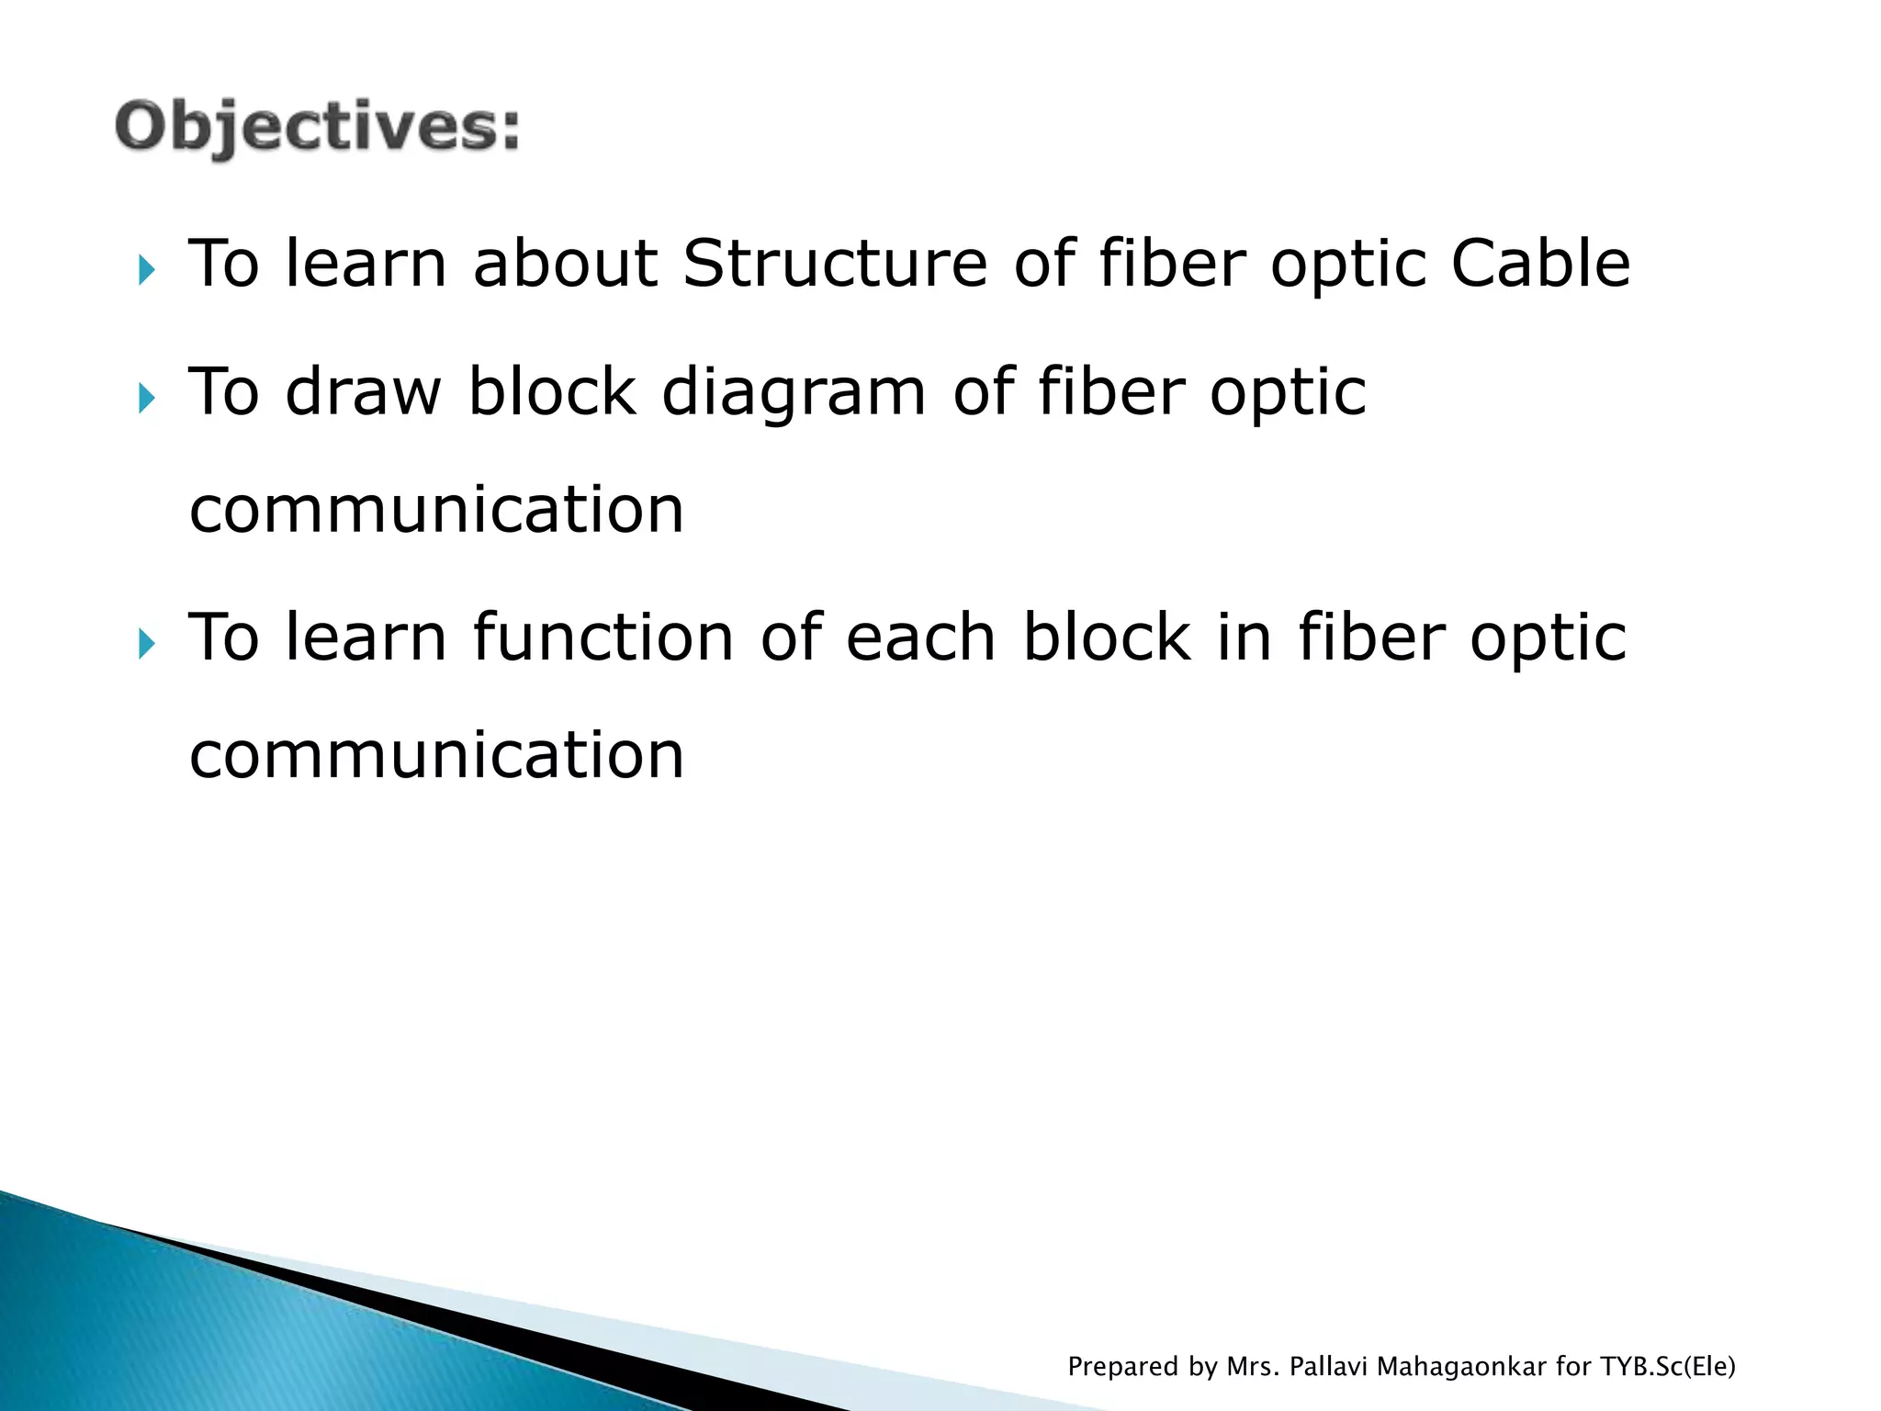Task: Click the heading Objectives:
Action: pyautogui.click(x=318, y=127)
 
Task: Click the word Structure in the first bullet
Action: pyautogui.click(x=835, y=264)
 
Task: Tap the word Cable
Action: pyautogui.click(x=1540, y=264)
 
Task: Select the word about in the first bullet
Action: pyautogui.click(x=565, y=264)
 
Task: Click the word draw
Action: pyautogui.click(x=364, y=392)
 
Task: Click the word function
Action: pyautogui.click(x=603, y=638)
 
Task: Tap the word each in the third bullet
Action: pyautogui.click(x=920, y=638)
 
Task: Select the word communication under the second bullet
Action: pyautogui.click(x=436, y=510)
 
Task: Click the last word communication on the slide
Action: pyautogui.click(x=436, y=755)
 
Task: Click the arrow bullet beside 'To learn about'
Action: pyautogui.click(x=147, y=271)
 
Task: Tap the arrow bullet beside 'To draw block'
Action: pyautogui.click(x=147, y=399)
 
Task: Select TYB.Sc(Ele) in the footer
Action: pyautogui.click(x=1668, y=1367)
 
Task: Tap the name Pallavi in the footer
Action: pyautogui.click(x=1329, y=1367)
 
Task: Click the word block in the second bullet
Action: pyautogui.click(x=552, y=392)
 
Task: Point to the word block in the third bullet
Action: pyautogui.click(x=1107, y=638)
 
